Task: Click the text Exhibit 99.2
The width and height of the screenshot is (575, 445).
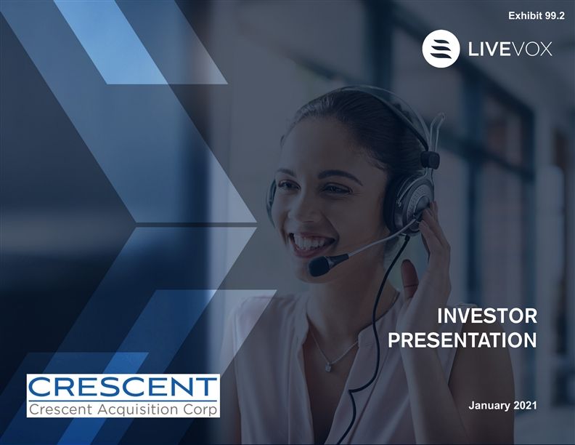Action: pos(537,16)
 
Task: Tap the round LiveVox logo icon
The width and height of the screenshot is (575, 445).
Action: pos(441,49)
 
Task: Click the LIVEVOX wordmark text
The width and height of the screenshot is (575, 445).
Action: pos(510,49)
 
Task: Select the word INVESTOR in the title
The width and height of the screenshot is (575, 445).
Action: pos(487,316)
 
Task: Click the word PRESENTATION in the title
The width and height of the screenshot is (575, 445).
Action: pos(462,340)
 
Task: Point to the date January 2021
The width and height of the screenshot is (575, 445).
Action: pos(502,405)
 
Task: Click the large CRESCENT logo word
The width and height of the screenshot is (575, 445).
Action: pos(123,387)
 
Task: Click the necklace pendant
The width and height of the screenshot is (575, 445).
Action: pos(329,366)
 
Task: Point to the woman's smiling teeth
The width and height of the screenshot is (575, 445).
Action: pos(308,241)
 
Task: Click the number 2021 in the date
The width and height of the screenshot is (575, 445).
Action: pos(525,405)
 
